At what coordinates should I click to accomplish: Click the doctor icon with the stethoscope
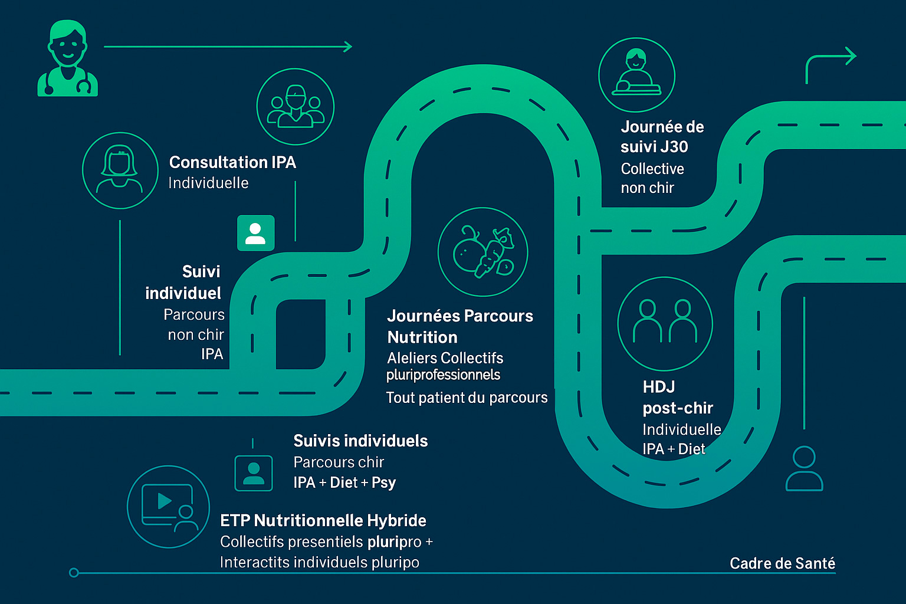pos(67,59)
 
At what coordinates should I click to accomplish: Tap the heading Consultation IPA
pos(232,162)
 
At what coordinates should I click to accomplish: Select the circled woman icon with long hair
pos(120,170)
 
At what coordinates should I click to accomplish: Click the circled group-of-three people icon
pos(296,107)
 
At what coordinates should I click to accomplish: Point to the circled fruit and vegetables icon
pos(482,252)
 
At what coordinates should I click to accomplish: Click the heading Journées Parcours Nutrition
pos(459,326)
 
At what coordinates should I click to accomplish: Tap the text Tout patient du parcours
pos(467,398)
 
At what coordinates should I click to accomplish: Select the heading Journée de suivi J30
pos(662,137)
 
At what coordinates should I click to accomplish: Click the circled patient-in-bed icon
pos(636,75)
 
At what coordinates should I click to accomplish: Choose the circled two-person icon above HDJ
pos(665,323)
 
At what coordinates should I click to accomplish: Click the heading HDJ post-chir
pos(677,398)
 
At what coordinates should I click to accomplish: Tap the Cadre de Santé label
pos(782,563)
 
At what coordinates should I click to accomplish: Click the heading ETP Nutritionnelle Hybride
pos(323,520)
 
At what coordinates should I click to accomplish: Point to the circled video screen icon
pos(169,507)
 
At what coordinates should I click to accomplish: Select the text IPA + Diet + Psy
pos(344,482)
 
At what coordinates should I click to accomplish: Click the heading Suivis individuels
pos(360,441)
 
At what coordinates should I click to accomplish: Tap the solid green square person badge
pos(255,233)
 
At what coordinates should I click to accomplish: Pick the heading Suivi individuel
pos(183,282)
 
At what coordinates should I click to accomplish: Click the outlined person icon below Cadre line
pos(804,469)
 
